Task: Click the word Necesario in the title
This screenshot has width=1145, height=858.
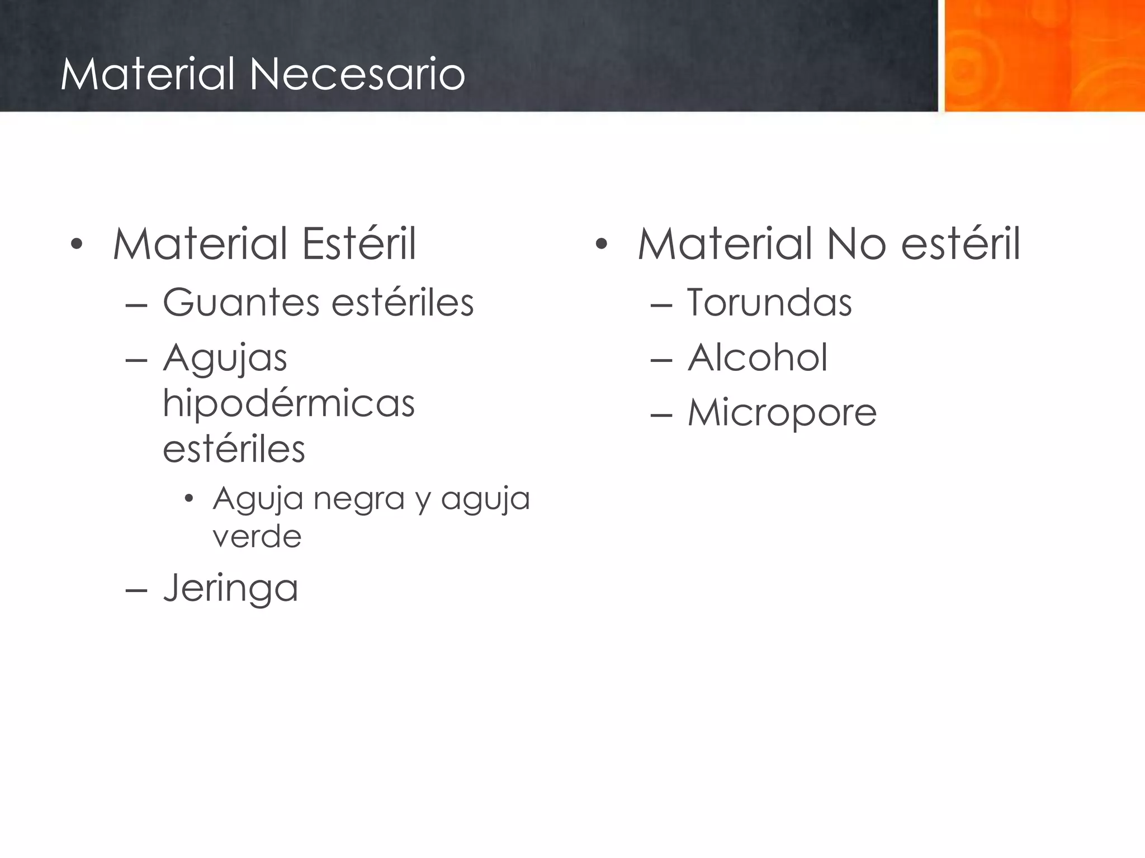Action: click(x=357, y=74)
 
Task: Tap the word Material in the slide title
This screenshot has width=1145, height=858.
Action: click(x=147, y=74)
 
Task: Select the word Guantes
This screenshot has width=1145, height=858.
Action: click(x=241, y=303)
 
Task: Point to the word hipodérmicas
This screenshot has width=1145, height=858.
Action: click(x=288, y=403)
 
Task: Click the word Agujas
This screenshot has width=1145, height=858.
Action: click(x=225, y=359)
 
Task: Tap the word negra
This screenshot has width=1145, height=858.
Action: click(x=358, y=498)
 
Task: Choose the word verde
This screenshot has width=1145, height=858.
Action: click(x=257, y=536)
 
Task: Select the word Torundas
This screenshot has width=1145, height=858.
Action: click(x=769, y=303)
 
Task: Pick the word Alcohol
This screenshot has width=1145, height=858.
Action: click(x=758, y=357)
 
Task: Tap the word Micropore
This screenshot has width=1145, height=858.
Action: click(x=782, y=413)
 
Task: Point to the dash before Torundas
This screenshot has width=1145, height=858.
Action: click(x=661, y=305)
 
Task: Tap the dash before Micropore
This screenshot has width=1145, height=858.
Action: click(x=661, y=416)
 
